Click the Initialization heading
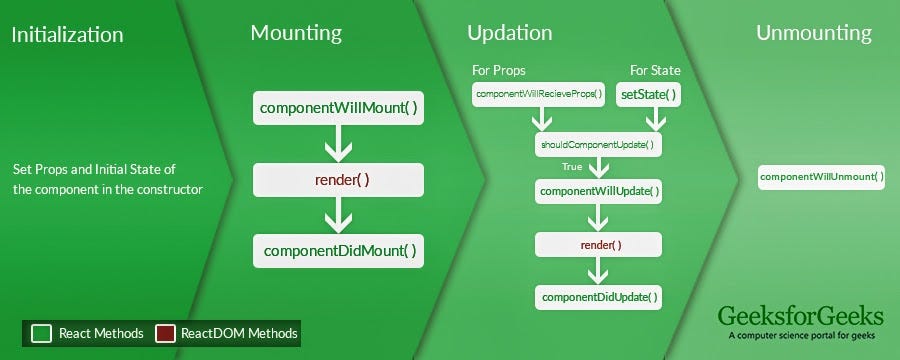67,35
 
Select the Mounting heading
295,33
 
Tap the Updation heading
509,33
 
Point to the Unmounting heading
813,33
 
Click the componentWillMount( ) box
338,107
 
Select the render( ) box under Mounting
338,180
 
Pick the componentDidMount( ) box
338,251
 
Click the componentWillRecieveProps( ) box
540,94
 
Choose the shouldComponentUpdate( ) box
598,145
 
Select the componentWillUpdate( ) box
599,190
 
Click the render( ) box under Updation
599,244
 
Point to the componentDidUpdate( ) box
599,297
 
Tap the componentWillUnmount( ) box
821,177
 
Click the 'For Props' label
499,71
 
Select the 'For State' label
655,71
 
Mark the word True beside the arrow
572,167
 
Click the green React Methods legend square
40,333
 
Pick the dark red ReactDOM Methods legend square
165,333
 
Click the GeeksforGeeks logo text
800,316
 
